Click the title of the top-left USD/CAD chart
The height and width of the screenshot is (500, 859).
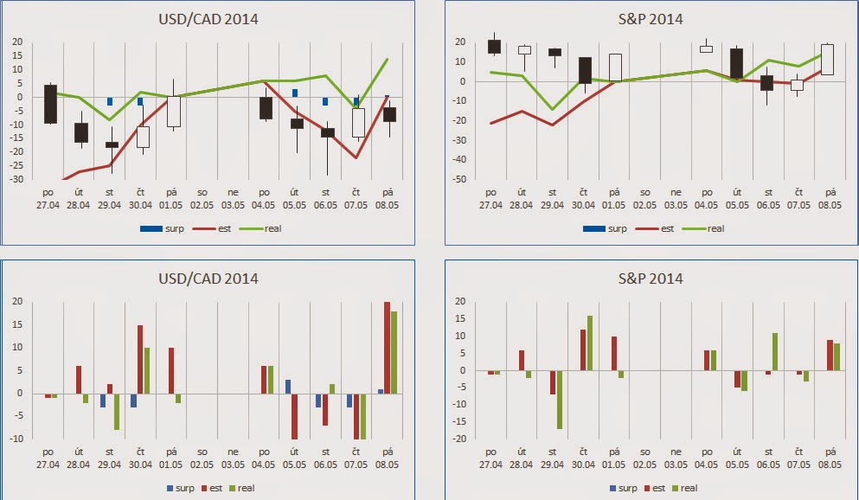pos(208,19)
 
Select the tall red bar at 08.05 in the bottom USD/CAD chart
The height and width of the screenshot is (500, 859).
pos(387,370)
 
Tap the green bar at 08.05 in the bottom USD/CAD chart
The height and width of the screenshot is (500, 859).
pos(394,375)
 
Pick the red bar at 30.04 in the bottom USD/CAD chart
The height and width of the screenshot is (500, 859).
pos(140,359)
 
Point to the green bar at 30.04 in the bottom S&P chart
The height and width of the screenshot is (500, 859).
pos(590,343)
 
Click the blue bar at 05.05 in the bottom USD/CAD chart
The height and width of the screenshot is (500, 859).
pos(288,386)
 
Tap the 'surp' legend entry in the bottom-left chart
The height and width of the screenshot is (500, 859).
pos(184,488)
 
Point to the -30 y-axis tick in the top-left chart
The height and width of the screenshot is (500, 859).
pos(16,180)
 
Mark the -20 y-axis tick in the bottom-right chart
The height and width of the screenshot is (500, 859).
pos(460,439)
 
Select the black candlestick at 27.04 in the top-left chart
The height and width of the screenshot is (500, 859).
pos(50,104)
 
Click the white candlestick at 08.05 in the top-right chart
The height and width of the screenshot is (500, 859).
pos(828,60)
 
